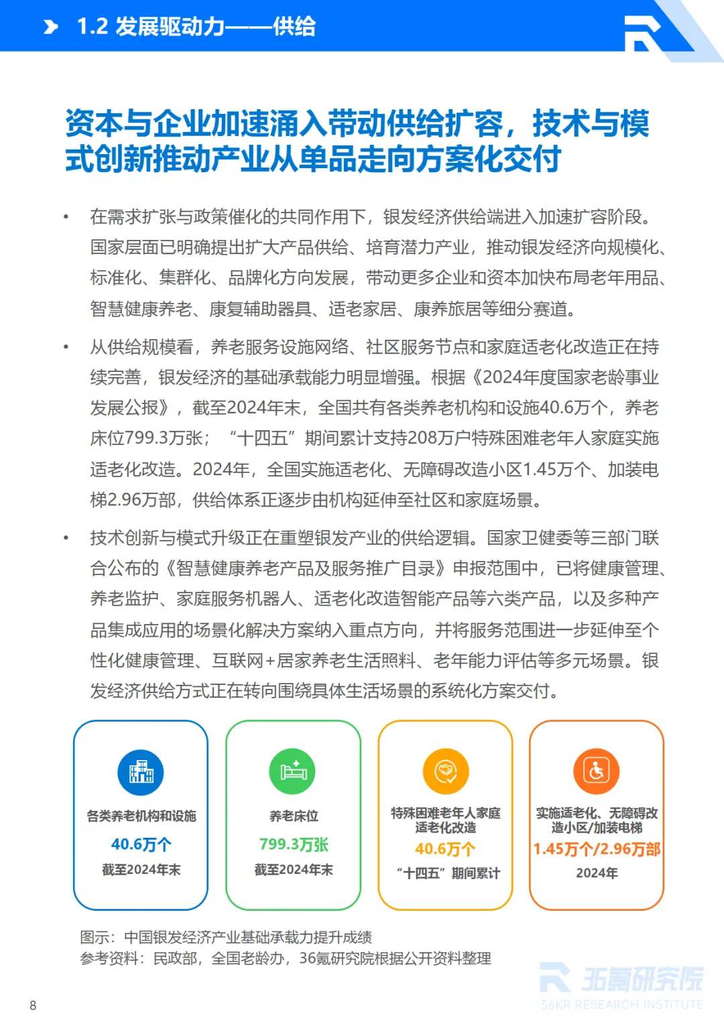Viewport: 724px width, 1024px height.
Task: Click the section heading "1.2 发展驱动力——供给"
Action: (196, 27)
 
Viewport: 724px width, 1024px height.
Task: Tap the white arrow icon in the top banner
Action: (51, 27)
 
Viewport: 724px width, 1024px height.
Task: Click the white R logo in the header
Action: (642, 33)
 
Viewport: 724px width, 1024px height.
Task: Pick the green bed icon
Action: (293, 771)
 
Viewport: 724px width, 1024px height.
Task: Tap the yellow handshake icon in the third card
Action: (445, 771)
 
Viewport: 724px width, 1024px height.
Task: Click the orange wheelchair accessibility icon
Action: (597, 771)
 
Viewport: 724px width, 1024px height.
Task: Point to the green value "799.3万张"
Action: (294, 844)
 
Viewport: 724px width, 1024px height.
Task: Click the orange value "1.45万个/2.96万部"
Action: (597, 849)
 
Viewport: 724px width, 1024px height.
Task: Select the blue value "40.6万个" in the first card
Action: (141, 844)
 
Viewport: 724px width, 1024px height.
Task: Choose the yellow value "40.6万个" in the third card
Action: (445, 849)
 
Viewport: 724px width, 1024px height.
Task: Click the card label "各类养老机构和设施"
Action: (141, 816)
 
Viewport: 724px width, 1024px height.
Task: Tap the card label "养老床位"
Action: (294, 816)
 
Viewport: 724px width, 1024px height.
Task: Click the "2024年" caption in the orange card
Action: (597, 873)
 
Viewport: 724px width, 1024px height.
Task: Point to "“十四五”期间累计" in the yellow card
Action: (448, 873)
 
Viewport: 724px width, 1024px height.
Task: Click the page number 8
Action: (33, 1005)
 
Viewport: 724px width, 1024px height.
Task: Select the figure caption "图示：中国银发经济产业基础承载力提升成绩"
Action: (226, 937)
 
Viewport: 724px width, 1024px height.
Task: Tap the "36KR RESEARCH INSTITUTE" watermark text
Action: (621, 1005)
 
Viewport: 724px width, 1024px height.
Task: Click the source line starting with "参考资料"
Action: (286, 958)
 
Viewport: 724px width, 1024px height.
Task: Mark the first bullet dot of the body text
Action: (66, 217)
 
